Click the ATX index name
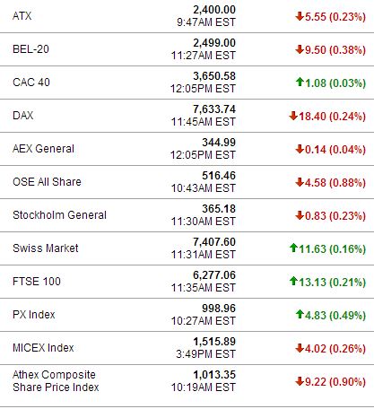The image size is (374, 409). click(22, 16)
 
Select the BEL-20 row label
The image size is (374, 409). click(30, 49)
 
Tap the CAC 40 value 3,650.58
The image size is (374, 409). click(214, 76)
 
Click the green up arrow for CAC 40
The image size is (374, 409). click(300, 82)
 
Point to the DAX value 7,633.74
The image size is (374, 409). click(214, 109)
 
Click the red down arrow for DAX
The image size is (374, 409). click(293, 116)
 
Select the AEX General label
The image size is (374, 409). click(43, 149)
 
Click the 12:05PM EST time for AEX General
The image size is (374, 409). click(203, 155)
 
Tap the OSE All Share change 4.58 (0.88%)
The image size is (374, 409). click(335, 182)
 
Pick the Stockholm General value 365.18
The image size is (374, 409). click(219, 209)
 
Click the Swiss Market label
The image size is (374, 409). click(46, 248)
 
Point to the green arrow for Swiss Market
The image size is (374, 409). click(293, 248)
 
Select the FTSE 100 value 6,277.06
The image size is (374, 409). click(214, 275)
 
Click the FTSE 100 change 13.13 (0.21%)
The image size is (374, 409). click(332, 282)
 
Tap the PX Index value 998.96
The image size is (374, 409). click(219, 309)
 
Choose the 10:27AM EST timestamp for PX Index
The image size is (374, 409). click(204, 321)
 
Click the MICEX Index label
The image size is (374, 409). click(43, 348)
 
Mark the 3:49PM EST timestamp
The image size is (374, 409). click(205, 354)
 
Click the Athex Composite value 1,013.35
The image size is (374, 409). click(214, 375)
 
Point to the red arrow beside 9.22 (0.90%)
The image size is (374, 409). click(300, 381)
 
